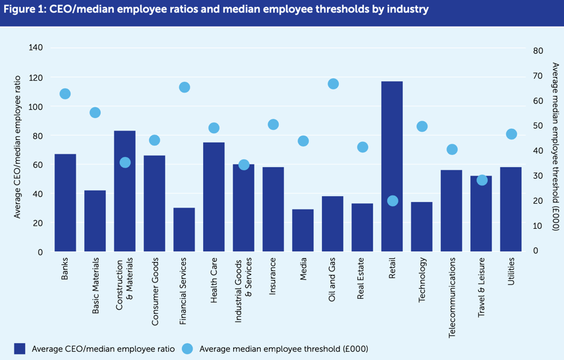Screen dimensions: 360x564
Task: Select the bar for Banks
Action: tap(65, 203)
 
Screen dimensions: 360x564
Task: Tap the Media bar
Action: tap(303, 231)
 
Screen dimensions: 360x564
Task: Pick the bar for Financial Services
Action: tap(184, 230)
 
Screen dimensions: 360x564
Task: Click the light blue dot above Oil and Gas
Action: tap(333, 84)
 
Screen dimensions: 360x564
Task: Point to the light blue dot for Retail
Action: tap(393, 201)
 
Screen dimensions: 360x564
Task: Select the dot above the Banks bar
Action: tap(65, 94)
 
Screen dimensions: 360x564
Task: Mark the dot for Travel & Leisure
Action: tap(482, 180)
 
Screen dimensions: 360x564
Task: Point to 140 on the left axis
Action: tap(36, 48)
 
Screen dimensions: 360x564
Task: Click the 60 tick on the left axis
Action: tap(38, 165)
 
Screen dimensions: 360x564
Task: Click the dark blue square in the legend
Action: tap(20, 348)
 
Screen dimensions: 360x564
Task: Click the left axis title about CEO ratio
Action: tap(18, 147)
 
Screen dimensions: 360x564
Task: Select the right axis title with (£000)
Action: tap(555, 147)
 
